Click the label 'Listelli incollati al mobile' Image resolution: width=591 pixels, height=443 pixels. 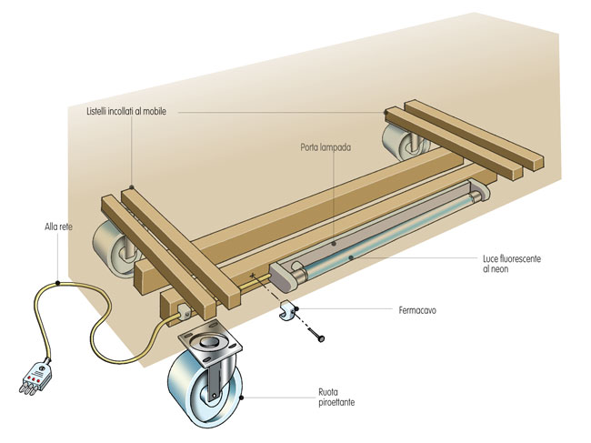126,112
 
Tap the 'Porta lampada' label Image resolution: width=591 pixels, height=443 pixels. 326,147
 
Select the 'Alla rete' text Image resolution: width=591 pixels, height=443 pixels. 58,227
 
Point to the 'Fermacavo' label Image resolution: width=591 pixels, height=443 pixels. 417,310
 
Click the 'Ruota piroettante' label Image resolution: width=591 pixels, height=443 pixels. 336,398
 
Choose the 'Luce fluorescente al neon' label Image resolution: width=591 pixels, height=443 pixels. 512,264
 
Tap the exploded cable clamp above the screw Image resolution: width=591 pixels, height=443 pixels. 288,310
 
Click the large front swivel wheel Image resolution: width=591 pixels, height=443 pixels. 205,388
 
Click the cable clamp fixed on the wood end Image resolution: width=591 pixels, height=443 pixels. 184,312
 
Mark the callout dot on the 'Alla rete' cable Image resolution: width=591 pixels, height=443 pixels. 57,283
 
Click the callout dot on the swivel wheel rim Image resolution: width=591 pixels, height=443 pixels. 242,397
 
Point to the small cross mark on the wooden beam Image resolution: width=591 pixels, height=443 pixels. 252,277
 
